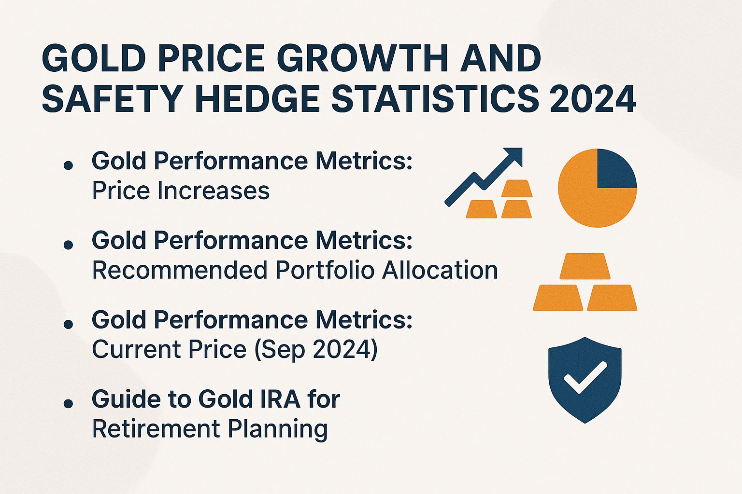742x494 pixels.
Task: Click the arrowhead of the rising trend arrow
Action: coord(515,155)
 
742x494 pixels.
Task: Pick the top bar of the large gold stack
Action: coord(585,266)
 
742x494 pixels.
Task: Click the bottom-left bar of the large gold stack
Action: coord(558,298)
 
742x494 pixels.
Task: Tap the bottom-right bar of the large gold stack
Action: coord(612,298)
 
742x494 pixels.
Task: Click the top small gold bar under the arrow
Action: coord(517,189)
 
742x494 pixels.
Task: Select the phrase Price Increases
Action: coord(181,191)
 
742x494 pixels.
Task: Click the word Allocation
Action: coord(440,270)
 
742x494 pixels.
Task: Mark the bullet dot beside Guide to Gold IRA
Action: coord(68,403)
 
